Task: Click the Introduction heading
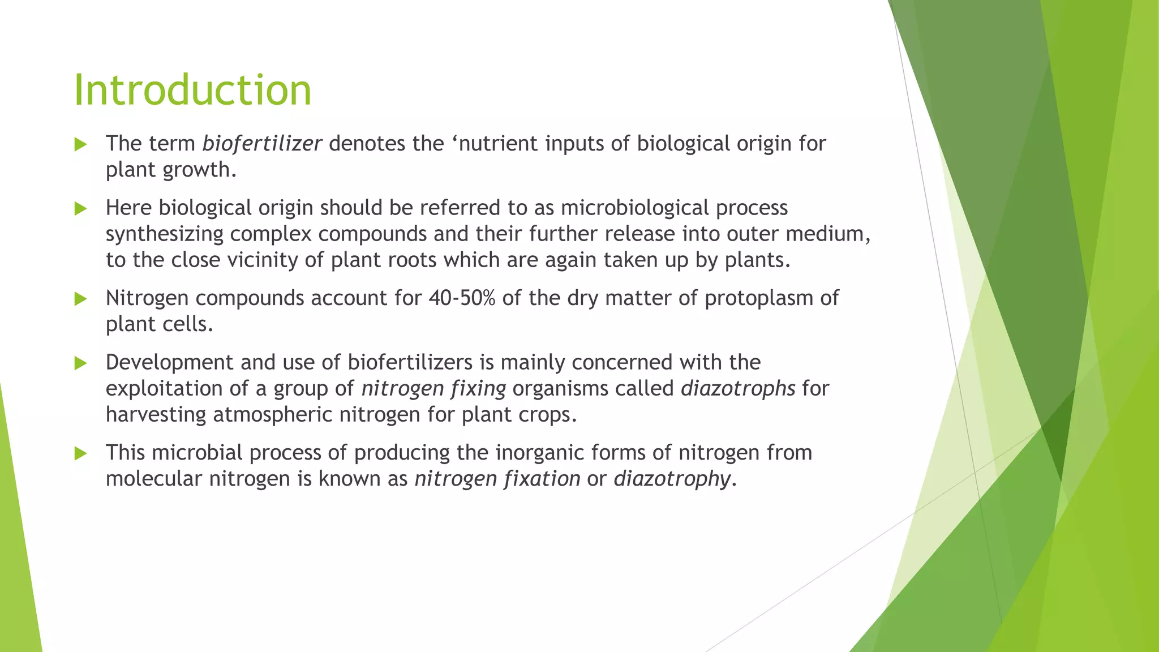point(192,90)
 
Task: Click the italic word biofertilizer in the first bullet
point(261,144)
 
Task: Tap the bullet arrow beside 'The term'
point(80,144)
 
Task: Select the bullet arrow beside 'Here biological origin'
point(80,209)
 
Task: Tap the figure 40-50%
point(461,298)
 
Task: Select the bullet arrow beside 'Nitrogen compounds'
point(80,299)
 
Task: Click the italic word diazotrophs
point(737,389)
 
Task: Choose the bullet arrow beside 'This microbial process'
point(80,453)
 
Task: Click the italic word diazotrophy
point(672,479)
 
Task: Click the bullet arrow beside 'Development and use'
point(80,363)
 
